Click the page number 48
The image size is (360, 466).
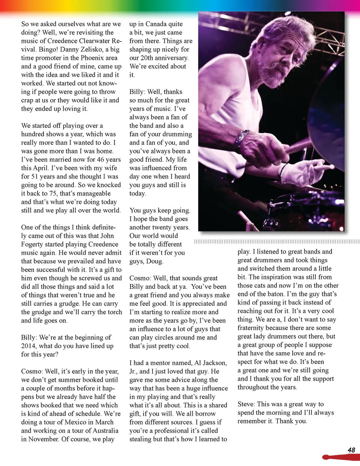pyautogui.click(x=351, y=450)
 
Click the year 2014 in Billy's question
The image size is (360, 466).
pyautogui.click(x=28, y=346)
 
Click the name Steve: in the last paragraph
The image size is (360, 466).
pyautogui.click(x=246, y=404)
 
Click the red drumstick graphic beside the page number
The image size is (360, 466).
pyautogui.click(x=339, y=457)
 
